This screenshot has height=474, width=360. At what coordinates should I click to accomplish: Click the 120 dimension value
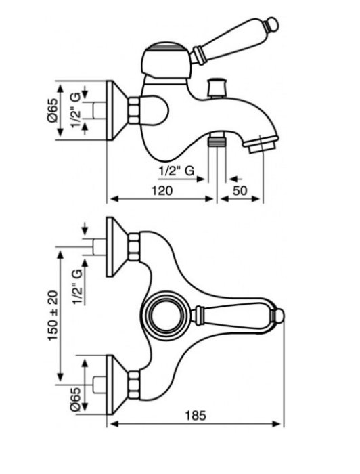point(162,191)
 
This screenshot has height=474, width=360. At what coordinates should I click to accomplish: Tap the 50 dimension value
point(240,191)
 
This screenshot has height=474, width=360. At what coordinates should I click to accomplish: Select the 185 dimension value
point(196,415)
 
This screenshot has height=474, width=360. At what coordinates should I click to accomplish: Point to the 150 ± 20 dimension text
point(53,316)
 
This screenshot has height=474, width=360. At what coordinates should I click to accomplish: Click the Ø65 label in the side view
point(52,110)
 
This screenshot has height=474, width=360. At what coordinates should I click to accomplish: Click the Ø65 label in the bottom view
point(75,399)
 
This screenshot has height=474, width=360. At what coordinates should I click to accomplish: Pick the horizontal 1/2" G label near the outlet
point(177,171)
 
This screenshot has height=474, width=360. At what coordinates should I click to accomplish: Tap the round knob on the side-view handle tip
point(271,24)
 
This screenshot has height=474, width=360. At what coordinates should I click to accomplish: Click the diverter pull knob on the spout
point(217,87)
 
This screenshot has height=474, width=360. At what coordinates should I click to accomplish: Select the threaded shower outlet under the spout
point(217,141)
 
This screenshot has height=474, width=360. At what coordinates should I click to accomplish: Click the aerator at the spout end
point(262,145)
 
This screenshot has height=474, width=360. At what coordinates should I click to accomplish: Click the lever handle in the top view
point(239,316)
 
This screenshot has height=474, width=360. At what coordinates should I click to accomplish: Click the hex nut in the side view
point(135,110)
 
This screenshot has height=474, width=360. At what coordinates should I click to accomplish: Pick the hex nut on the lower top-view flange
point(135,385)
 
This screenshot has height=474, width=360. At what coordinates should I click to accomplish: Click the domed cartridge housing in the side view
point(166,60)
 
